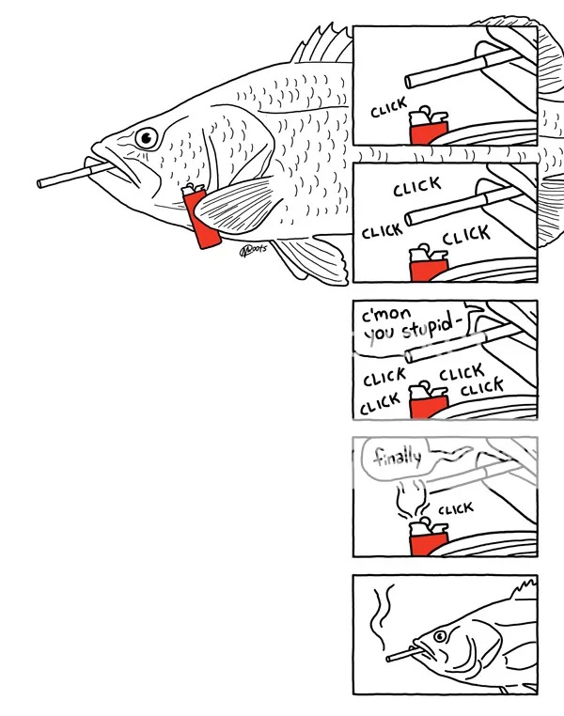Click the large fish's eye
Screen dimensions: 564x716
[147, 137]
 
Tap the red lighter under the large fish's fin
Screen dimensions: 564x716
[201, 217]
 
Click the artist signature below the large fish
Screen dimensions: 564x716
[253, 250]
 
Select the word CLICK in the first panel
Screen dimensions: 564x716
[388, 107]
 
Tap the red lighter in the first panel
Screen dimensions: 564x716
[429, 127]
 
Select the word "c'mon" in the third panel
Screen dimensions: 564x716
[386, 315]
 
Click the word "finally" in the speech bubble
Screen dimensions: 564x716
[397, 457]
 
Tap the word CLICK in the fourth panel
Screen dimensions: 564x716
[456, 507]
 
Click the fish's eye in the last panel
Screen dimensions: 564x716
[440, 636]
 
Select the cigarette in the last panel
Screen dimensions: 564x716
[403, 653]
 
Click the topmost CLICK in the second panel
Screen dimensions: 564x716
[417, 186]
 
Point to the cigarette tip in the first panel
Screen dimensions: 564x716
[408, 82]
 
